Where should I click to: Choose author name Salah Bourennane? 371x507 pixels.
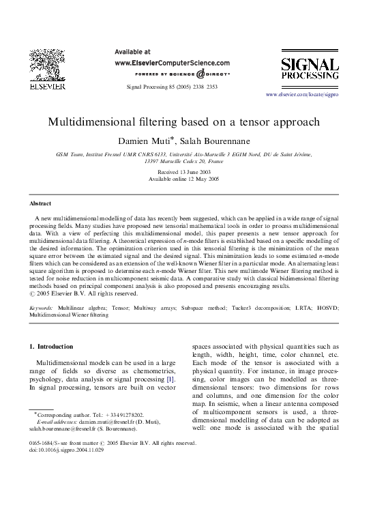click(x=214, y=141)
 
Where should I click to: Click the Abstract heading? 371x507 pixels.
click(x=40, y=203)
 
